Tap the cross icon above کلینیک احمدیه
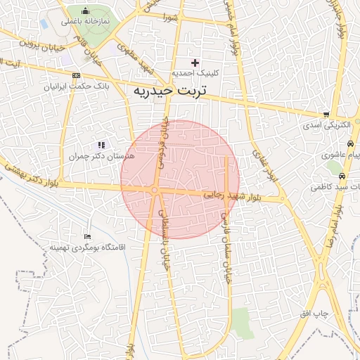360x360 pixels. coord(195,63)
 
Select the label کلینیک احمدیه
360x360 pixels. coord(195,73)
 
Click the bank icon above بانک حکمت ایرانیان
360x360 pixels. coord(76,76)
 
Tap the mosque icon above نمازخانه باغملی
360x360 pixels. coord(86,11)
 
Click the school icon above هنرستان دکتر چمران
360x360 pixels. coord(101,144)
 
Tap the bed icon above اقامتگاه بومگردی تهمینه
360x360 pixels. coord(87,237)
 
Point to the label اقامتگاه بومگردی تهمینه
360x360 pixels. coord(87,247)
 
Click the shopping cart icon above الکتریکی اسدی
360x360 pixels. coord(326,114)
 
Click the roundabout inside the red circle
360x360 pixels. coord(154,190)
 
